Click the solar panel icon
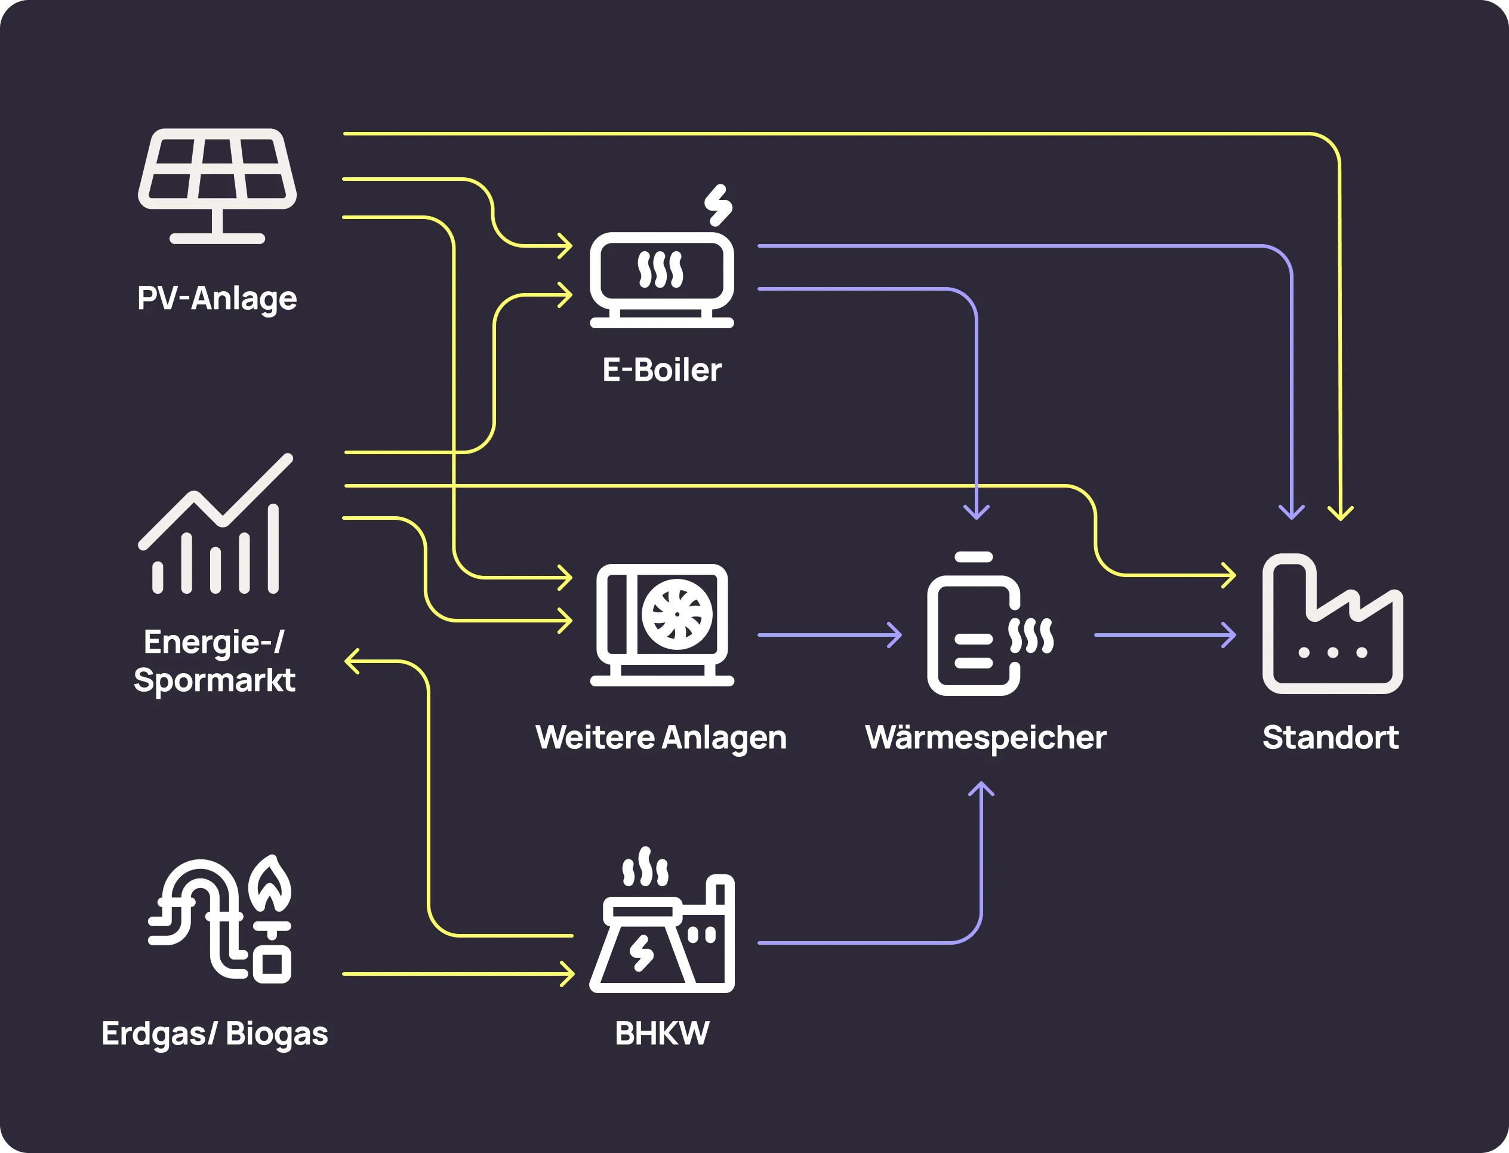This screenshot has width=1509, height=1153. [x=217, y=185]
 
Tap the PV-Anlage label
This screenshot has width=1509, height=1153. [x=217, y=298]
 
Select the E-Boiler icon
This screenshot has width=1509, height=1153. [x=662, y=280]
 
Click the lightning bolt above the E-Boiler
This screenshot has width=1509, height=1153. [x=718, y=205]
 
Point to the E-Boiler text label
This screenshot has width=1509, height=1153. [x=662, y=370]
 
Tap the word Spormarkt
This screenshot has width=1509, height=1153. [x=214, y=680]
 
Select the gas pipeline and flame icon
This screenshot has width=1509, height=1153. [x=220, y=920]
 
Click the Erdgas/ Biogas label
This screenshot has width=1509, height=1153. [x=214, y=1034]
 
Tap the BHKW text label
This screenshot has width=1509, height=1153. [x=662, y=1034]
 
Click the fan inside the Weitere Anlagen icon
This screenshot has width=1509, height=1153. [x=676, y=615]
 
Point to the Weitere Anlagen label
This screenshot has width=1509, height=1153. [x=660, y=738]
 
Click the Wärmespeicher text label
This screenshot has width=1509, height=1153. [x=986, y=738]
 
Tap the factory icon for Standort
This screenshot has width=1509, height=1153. [x=1332, y=624]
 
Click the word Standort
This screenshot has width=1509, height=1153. [x=1331, y=738]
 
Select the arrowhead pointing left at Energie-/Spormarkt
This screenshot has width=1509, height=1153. [x=352, y=662]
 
